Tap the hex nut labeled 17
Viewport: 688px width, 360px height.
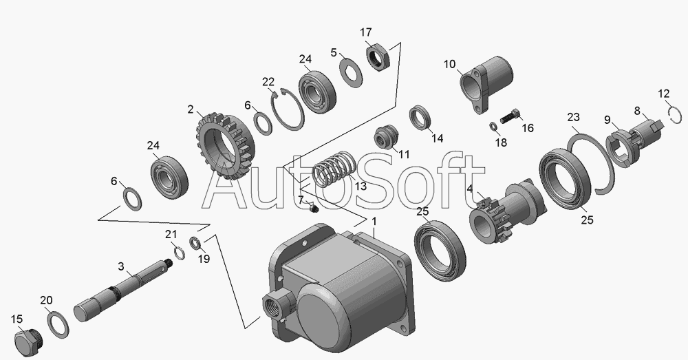point(377,56)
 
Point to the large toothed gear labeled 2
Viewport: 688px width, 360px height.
point(225,146)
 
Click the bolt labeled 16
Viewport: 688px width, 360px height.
point(510,117)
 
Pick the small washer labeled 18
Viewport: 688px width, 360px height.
point(493,127)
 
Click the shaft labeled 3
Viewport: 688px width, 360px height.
point(123,290)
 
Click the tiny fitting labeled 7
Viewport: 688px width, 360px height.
point(313,208)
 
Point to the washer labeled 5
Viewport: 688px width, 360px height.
point(352,72)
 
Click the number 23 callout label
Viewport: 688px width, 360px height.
point(574,117)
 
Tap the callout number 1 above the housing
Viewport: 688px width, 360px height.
point(374,222)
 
